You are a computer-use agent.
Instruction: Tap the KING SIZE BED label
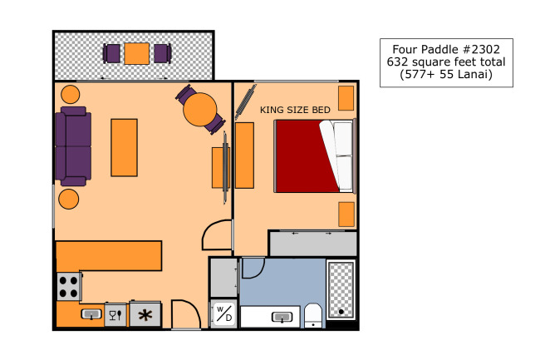point(295,110)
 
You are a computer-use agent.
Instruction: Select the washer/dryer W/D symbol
point(223,313)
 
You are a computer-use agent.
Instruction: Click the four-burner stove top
point(69,286)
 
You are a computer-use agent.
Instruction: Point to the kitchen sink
point(91,314)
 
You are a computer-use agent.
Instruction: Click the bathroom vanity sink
point(282,317)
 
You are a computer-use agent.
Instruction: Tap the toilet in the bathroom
point(313,316)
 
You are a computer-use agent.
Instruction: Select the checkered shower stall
point(341,289)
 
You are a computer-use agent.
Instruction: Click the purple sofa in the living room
point(73,146)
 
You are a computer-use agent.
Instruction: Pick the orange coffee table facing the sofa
point(124,148)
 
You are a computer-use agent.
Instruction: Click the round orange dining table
point(199,110)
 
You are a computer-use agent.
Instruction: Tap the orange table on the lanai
point(137,54)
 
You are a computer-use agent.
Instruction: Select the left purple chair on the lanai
point(111,54)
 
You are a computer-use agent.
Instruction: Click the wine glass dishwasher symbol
point(115,315)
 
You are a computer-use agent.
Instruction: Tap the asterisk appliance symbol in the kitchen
point(145,315)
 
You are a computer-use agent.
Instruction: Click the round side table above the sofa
point(71,95)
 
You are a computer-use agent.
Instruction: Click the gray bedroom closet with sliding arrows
point(313,244)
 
